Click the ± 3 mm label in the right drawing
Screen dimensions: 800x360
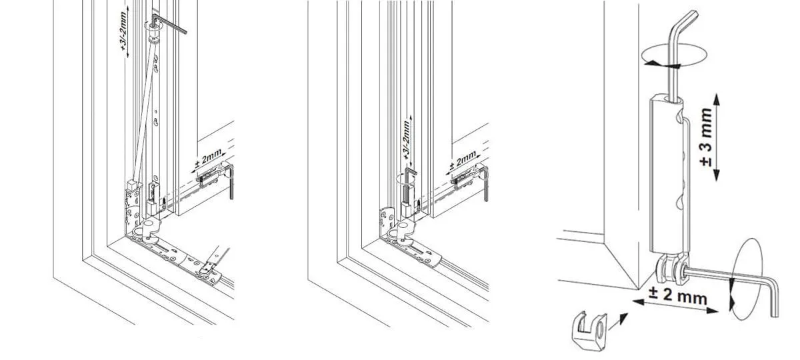706,137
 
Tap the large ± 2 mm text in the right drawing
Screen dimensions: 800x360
677,297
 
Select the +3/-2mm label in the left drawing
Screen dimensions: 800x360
123,35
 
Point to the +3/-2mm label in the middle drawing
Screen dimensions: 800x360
406,139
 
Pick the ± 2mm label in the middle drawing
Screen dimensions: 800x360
463,159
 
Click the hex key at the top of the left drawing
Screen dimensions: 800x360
169,23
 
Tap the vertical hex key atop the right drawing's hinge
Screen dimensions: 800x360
681,53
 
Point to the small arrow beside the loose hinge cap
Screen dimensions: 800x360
619,321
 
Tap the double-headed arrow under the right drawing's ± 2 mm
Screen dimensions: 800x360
675,307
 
